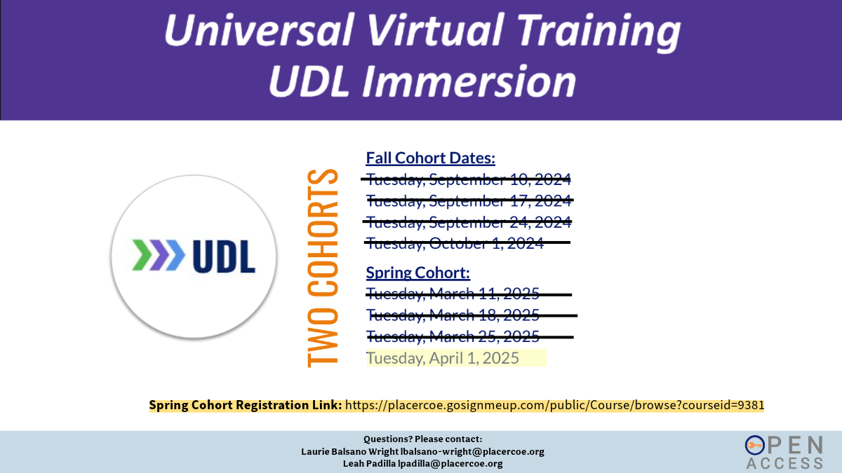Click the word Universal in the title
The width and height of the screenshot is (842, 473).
pyautogui.click(x=259, y=30)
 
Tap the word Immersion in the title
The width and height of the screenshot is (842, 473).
pyautogui.click(x=469, y=81)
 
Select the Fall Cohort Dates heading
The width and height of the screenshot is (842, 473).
pyautogui.click(x=430, y=158)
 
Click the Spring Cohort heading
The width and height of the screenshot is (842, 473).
pyautogui.click(x=418, y=273)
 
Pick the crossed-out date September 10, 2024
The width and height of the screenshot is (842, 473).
pyautogui.click(x=469, y=179)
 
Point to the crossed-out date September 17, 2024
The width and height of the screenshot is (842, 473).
pyautogui.click(x=469, y=201)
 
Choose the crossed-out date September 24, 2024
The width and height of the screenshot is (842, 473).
pyautogui.click(x=469, y=222)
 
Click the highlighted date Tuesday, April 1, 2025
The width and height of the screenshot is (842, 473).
pyautogui.click(x=443, y=358)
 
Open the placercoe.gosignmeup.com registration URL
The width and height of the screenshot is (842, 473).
pyautogui.click(x=555, y=406)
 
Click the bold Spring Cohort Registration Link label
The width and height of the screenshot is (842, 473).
pyautogui.click(x=246, y=406)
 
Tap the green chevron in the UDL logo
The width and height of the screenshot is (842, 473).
pyautogui.click(x=140, y=255)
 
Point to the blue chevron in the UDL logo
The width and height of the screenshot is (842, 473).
pyautogui.click(x=175, y=255)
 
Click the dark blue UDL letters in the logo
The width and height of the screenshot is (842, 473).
pyautogui.click(x=224, y=256)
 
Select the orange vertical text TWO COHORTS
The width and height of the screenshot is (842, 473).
pyautogui.click(x=323, y=268)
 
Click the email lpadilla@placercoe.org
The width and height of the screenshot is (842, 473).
pyautogui.click(x=450, y=464)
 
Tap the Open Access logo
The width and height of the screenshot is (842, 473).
pyautogui.click(x=784, y=453)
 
